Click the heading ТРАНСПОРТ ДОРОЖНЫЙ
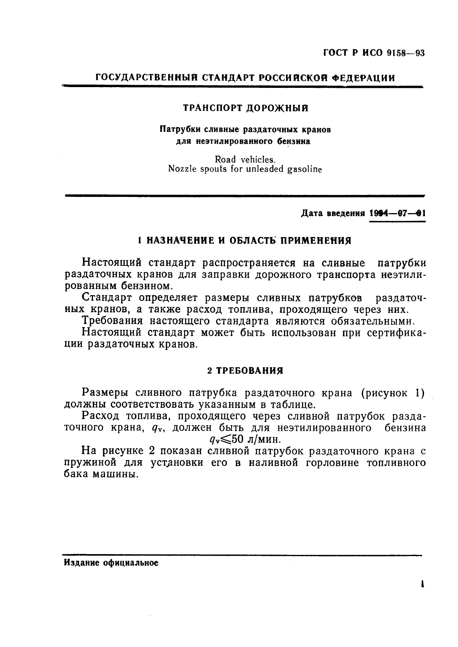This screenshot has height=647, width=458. point(245,108)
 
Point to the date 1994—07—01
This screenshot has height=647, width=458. point(397,213)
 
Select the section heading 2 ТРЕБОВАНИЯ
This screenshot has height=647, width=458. point(245,371)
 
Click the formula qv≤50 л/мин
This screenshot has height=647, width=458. point(245,439)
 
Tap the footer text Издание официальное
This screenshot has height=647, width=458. point(111,563)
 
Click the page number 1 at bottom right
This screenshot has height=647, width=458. point(423,584)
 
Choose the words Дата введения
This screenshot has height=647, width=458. point(333,213)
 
